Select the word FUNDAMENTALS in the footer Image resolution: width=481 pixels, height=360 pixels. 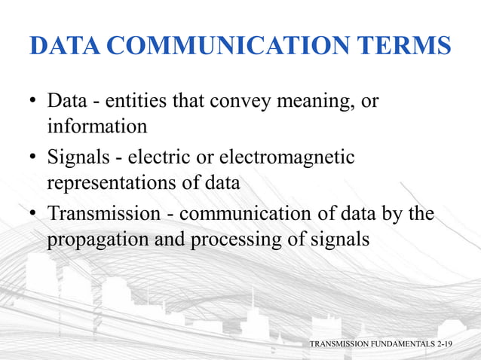(400, 343)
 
